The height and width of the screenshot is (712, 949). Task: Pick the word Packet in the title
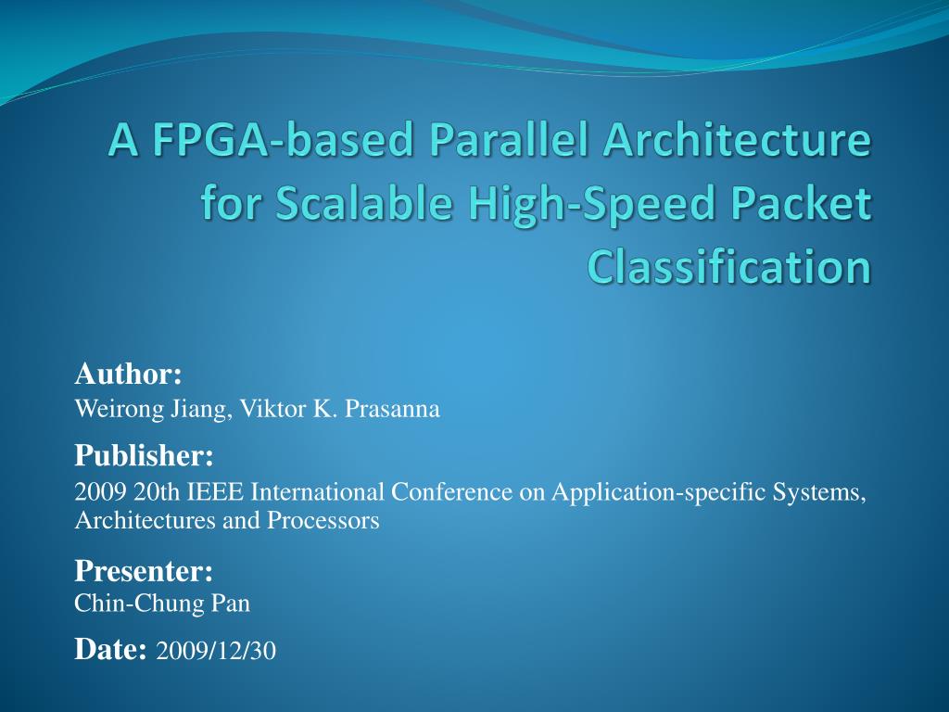click(x=802, y=205)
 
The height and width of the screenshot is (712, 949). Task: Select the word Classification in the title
click(x=729, y=267)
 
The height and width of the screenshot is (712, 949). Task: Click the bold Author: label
click(x=128, y=375)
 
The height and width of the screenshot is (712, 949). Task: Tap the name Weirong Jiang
click(x=152, y=409)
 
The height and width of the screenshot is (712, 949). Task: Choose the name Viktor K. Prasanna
click(x=340, y=409)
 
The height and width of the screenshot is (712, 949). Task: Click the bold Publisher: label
click(x=144, y=455)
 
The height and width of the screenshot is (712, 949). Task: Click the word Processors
click(x=323, y=520)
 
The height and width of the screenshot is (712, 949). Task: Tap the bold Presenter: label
click(x=144, y=569)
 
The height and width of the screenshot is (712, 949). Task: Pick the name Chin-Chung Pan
click(x=162, y=604)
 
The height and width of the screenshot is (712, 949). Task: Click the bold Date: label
click(x=110, y=650)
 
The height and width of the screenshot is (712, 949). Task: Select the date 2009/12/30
click(x=216, y=652)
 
